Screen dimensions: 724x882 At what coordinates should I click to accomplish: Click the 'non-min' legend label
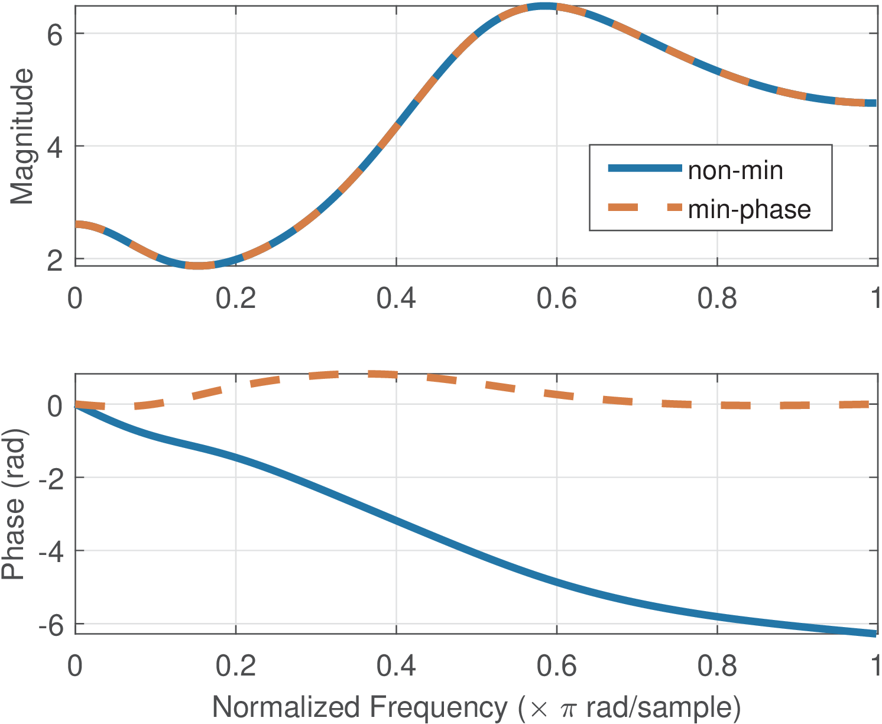click(x=735, y=171)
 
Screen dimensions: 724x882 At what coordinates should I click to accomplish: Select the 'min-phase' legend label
click(x=749, y=210)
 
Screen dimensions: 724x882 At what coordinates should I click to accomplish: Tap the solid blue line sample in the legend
click(x=645, y=169)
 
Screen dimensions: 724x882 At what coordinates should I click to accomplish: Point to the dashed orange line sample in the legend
click(x=645, y=207)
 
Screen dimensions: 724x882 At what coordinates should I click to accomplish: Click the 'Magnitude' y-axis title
click(x=22, y=137)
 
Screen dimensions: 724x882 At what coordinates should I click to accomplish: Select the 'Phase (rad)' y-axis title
click(x=14, y=504)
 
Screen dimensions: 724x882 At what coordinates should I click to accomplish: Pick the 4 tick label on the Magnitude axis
click(x=54, y=147)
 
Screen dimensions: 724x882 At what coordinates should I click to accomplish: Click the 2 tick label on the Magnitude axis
click(x=54, y=260)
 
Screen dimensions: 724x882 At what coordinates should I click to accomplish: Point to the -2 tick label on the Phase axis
click(x=50, y=478)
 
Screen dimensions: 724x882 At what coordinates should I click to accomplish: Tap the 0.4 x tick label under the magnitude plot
click(x=396, y=298)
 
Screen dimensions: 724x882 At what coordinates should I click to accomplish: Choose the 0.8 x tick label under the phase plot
click(x=717, y=666)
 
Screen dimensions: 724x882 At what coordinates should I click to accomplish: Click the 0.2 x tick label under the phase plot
click(x=235, y=666)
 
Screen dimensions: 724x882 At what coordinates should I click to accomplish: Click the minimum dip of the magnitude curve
click(x=200, y=265)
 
